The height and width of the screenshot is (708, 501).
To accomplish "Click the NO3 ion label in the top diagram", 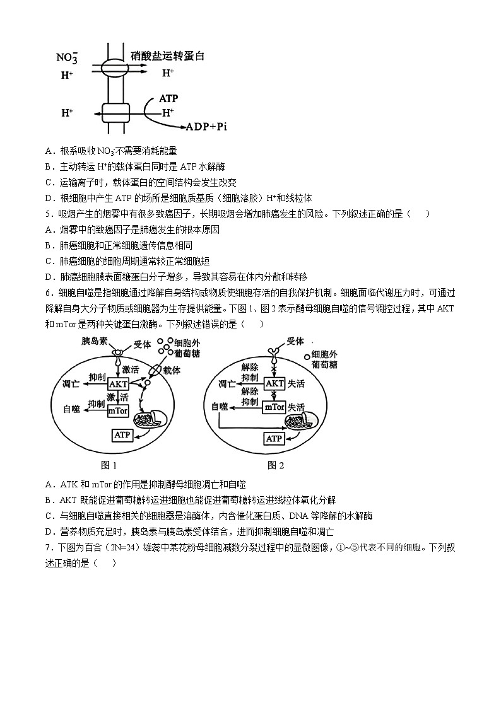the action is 67,57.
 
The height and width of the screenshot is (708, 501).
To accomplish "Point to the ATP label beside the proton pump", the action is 168,98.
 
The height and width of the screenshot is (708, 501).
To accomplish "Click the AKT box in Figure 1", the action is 118,384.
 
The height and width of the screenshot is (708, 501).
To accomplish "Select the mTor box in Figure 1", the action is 118,410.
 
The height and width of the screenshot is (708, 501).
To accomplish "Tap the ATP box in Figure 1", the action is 122,434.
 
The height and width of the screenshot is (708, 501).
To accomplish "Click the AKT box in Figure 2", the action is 274,383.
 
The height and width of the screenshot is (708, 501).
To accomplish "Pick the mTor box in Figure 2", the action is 274,407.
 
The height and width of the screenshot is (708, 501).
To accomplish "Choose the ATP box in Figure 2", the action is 274,438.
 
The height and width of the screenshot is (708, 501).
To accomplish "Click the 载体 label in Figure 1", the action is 172,371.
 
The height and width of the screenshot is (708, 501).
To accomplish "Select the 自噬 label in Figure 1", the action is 72,409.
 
